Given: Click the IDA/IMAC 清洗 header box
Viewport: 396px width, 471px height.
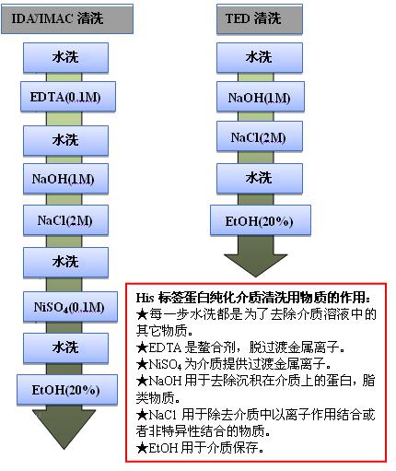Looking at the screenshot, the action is (67, 18).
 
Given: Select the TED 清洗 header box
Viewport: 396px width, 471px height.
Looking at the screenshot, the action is (260, 19).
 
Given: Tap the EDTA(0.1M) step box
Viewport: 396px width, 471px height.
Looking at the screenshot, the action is (68, 97).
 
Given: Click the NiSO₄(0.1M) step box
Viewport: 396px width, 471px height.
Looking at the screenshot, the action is (70, 307).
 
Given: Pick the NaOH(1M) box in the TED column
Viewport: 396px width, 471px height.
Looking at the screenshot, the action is (261, 97).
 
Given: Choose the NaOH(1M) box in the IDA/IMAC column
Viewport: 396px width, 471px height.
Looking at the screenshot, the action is (65, 179).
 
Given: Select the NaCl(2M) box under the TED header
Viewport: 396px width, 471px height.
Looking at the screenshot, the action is (260, 136).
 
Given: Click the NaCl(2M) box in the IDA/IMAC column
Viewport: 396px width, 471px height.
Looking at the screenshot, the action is (65, 220).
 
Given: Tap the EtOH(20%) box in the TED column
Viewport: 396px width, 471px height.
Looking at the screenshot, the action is (261, 220).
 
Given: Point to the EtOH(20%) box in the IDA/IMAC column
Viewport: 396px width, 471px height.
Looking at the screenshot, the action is (67, 390).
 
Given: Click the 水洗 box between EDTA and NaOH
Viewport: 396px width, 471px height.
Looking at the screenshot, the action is (65, 140).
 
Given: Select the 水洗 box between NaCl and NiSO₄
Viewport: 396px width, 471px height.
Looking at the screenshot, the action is (65, 263).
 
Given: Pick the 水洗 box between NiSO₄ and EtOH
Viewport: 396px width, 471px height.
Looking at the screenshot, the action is (65, 348).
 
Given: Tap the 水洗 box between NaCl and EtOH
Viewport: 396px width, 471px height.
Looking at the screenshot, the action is (260, 179).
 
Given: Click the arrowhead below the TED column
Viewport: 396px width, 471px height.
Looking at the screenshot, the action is (256, 265).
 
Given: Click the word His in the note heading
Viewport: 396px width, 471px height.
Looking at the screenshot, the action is (145, 298).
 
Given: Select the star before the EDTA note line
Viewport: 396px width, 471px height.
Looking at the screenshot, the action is (142, 347).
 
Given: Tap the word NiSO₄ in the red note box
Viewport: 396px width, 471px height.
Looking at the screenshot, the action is (165, 365).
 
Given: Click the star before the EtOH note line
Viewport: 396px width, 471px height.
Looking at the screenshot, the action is (142, 448).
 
